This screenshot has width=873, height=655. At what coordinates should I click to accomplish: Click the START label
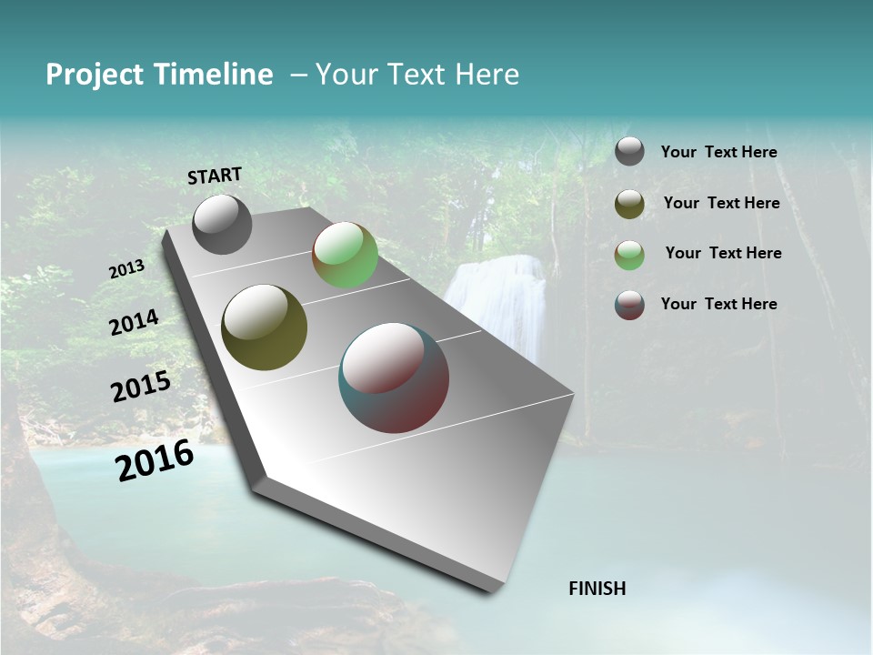(215, 176)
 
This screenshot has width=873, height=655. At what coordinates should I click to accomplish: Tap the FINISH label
(597, 589)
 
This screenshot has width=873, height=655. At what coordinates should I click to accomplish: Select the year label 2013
(126, 269)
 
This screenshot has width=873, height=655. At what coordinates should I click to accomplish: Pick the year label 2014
(134, 322)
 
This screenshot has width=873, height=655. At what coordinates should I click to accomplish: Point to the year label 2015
(141, 387)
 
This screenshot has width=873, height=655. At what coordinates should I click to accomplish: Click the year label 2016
(156, 460)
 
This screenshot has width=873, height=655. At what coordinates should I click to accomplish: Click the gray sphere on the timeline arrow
(222, 224)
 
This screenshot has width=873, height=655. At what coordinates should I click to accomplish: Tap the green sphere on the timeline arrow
(345, 255)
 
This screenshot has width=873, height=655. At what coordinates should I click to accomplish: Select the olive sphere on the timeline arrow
(264, 327)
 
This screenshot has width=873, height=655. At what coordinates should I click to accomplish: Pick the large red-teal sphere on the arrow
(394, 378)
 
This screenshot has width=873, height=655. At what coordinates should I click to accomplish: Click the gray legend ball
(629, 151)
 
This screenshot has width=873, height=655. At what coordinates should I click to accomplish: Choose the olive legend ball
(629, 204)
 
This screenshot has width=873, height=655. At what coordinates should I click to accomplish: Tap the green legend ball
(629, 255)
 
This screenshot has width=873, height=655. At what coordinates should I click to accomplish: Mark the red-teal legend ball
(629, 305)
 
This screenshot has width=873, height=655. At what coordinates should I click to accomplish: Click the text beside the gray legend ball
(718, 152)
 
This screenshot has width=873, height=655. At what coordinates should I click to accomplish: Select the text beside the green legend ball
(723, 253)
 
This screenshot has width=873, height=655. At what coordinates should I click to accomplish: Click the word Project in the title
(95, 75)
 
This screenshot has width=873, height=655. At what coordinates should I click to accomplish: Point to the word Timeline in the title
(215, 75)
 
